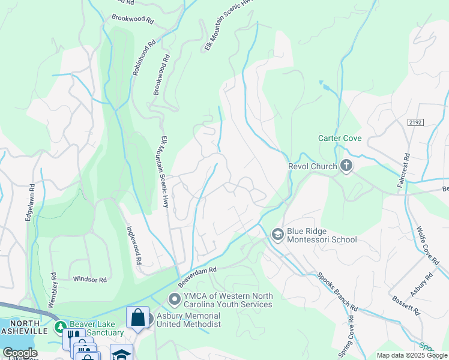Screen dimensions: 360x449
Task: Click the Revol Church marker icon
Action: [346, 166]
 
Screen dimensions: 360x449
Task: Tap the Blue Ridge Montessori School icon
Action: [277, 234]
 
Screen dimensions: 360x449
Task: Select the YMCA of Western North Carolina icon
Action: [174, 298]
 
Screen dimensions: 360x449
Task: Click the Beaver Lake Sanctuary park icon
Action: [59, 327]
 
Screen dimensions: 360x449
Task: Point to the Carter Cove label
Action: [340, 139]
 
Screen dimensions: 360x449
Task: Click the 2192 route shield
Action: [415, 122]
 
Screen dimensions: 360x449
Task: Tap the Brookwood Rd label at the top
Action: [132, 19]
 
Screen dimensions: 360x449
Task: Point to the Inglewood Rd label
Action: [133, 245]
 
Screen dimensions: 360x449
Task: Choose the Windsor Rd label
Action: [89, 280]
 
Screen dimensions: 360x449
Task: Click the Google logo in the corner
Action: [20, 353]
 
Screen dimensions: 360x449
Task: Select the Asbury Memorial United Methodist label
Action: [188, 320]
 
